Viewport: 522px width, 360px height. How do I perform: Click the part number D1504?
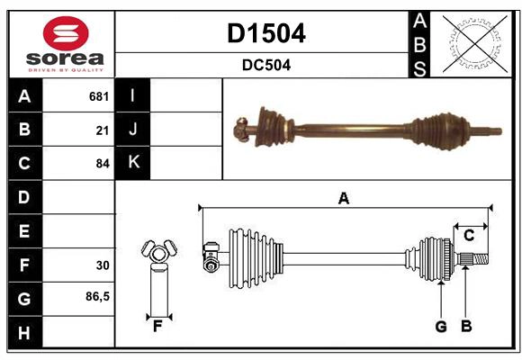coord(265,33)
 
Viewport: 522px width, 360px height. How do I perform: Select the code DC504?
coord(265,65)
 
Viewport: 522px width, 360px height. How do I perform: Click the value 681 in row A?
coord(98,95)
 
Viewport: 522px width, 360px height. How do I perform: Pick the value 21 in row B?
coord(102,130)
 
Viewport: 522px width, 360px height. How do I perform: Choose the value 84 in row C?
coord(102,164)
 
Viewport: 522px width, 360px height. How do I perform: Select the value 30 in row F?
coord(102,265)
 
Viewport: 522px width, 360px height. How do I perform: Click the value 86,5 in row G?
coord(97,296)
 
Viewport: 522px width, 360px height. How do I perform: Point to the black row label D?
coord(23,197)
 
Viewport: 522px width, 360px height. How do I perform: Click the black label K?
coord(133,163)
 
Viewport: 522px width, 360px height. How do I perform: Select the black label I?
coord(133,95)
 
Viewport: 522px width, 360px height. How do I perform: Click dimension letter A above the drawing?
coord(343,198)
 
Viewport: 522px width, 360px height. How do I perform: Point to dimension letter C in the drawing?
coord(468,236)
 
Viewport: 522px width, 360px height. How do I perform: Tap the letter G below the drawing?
coord(441,327)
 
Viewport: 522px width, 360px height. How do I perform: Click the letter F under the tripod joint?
coord(157,327)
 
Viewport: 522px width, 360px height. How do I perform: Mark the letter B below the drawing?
coord(465,327)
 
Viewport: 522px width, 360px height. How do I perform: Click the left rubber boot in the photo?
coord(269,125)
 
